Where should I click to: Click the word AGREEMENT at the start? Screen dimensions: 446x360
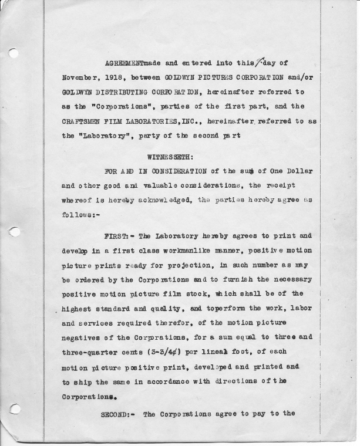point(123,62)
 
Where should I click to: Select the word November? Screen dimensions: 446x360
point(78,77)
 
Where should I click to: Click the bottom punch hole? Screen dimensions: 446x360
point(14,409)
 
